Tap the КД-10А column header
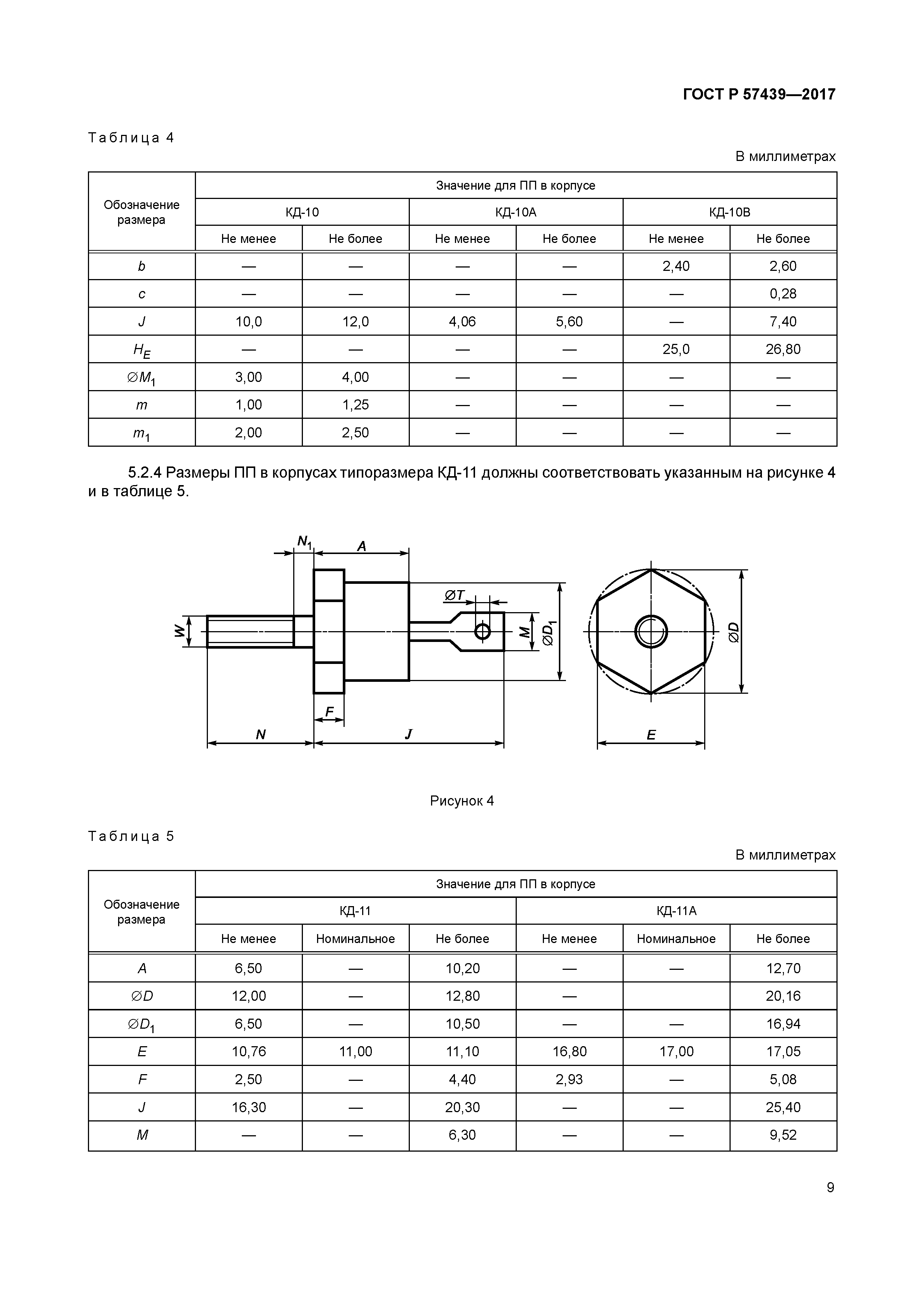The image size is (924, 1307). [516, 212]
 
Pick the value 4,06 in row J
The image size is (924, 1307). [462, 322]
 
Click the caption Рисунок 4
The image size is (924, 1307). [462, 801]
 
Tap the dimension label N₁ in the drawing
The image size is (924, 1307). [304, 541]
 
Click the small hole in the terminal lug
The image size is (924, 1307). [482, 631]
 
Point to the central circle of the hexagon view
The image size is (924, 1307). [651, 631]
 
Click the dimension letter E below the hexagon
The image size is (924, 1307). [651, 735]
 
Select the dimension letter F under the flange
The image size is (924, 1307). [329, 712]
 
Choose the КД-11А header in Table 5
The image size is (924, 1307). [676, 911]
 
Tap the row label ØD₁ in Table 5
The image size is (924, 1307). [142, 1025]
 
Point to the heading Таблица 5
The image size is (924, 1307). [131, 836]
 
